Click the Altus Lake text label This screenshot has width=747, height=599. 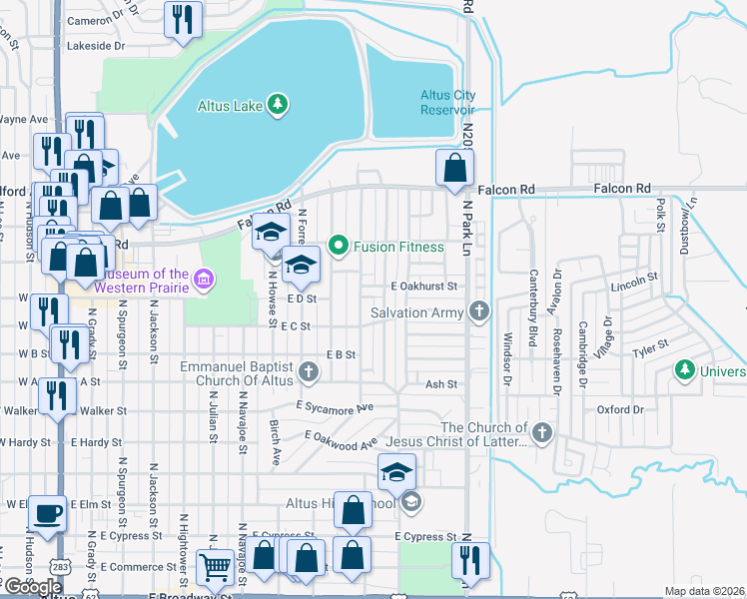tap(231, 104)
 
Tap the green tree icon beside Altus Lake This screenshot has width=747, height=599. tap(281, 104)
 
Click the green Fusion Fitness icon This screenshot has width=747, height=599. tap(339, 245)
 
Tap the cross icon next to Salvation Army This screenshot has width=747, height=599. tap(480, 312)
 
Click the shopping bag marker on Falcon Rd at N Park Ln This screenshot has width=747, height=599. tap(455, 168)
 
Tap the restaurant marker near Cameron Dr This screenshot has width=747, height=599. tap(183, 20)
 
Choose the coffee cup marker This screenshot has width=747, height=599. tap(48, 514)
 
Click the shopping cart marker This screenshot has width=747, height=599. tap(216, 569)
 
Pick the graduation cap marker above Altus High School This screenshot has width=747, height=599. tap(396, 471)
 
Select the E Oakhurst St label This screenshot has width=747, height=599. tap(423, 286)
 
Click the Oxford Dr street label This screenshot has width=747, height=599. tap(620, 409)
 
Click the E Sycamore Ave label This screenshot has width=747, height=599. tap(335, 407)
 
